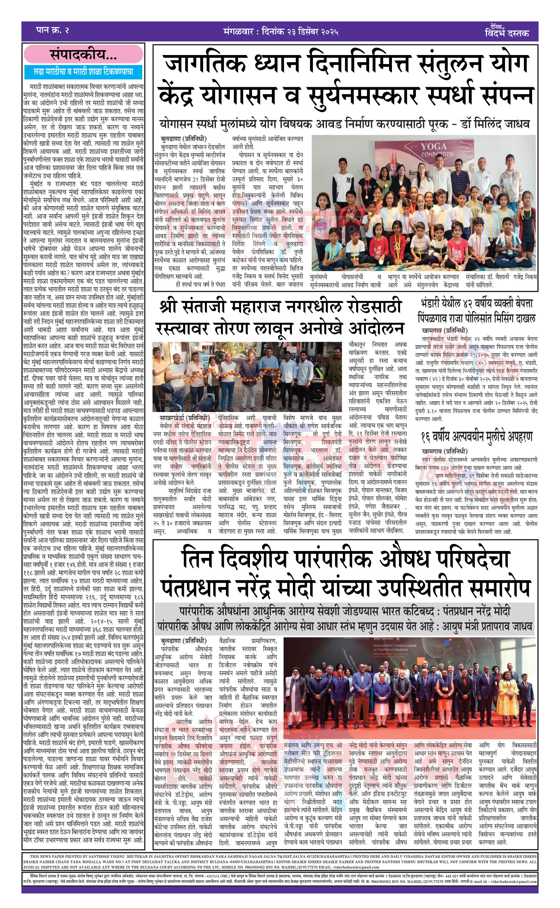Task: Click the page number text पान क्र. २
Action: [53, 31]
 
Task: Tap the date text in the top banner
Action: [281, 31]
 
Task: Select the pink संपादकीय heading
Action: [83, 55]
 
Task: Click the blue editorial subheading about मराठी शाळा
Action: [83, 72]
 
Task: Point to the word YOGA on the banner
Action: [434, 147]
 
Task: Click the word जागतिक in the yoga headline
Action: [205, 63]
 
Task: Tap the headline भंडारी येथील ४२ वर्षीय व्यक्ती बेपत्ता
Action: [477, 304]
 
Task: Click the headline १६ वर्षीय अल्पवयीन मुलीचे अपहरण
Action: [477, 437]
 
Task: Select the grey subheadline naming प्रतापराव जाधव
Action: [344, 626]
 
